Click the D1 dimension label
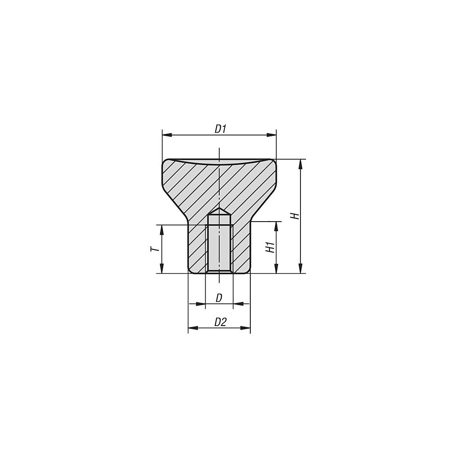click(x=221, y=129)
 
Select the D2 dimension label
click(x=220, y=322)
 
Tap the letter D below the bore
click(x=219, y=298)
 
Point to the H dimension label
click(x=296, y=216)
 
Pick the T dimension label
click(x=155, y=249)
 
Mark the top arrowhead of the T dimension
click(x=161, y=229)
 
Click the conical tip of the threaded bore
click(x=219, y=211)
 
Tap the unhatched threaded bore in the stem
click(x=219, y=244)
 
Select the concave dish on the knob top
click(x=219, y=162)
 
